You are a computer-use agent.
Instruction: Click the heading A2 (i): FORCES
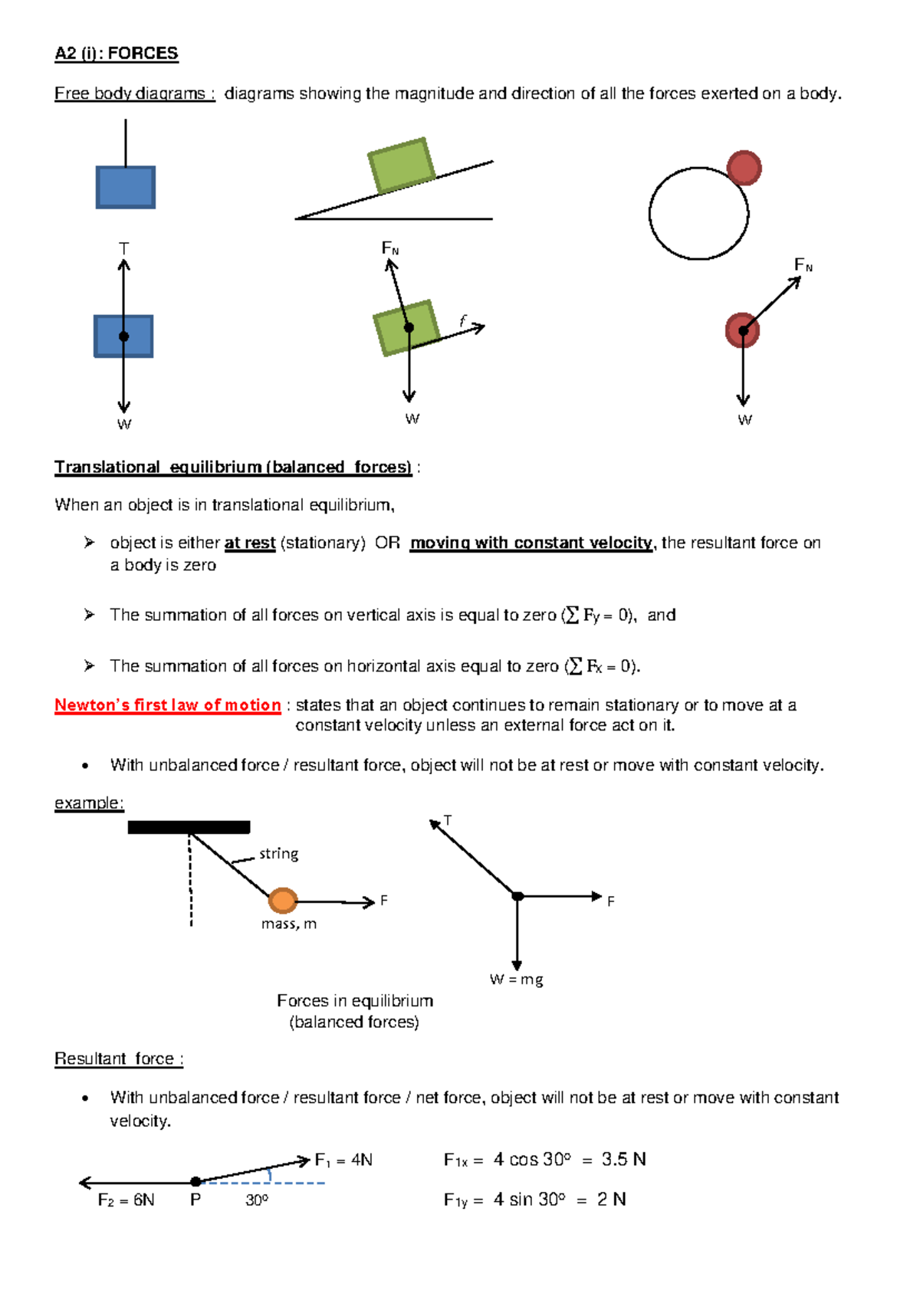click(x=116, y=54)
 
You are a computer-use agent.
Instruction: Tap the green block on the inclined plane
click(x=401, y=165)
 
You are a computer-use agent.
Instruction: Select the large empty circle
click(x=698, y=214)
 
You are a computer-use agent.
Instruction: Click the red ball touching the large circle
click(x=744, y=168)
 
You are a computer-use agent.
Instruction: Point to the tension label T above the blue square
click(x=123, y=248)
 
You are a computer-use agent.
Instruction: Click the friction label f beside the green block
click(x=462, y=320)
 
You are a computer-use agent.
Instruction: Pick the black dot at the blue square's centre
click(x=123, y=336)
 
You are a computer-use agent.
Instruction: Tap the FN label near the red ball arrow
click(x=803, y=265)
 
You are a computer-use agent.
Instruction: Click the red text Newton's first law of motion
click(x=167, y=705)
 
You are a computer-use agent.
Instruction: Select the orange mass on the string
click(x=283, y=900)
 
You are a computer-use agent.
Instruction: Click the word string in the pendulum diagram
click(x=278, y=854)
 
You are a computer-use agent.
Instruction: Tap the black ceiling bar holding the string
click(x=189, y=827)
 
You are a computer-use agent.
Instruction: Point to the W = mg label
click(x=516, y=980)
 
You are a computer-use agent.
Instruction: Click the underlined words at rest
click(x=249, y=543)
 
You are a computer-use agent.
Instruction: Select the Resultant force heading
click(x=118, y=1059)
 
